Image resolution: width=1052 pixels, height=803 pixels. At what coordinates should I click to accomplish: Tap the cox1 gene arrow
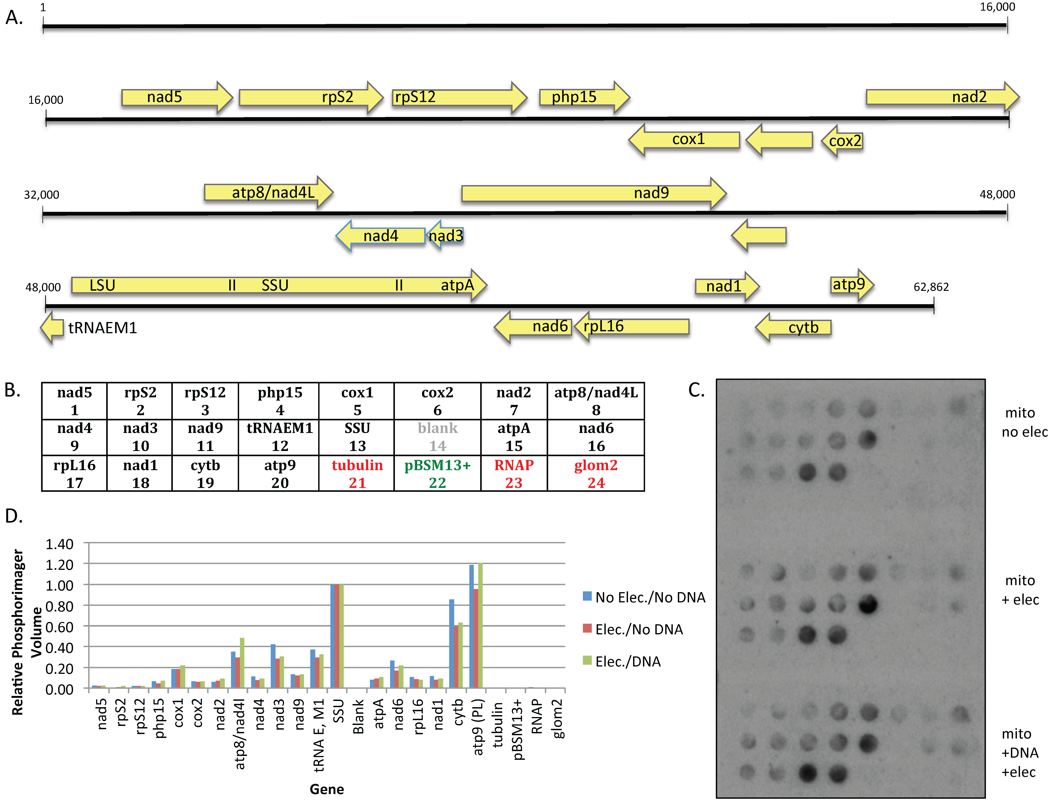tap(685, 140)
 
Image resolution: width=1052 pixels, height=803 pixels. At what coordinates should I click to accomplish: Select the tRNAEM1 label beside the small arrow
tap(102, 328)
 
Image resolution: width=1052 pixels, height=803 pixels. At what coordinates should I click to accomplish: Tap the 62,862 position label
tap(931, 287)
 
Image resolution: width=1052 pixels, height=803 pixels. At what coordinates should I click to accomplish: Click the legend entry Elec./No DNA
tap(639, 630)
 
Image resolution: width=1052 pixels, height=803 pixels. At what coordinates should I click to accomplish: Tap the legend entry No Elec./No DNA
tap(649, 598)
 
